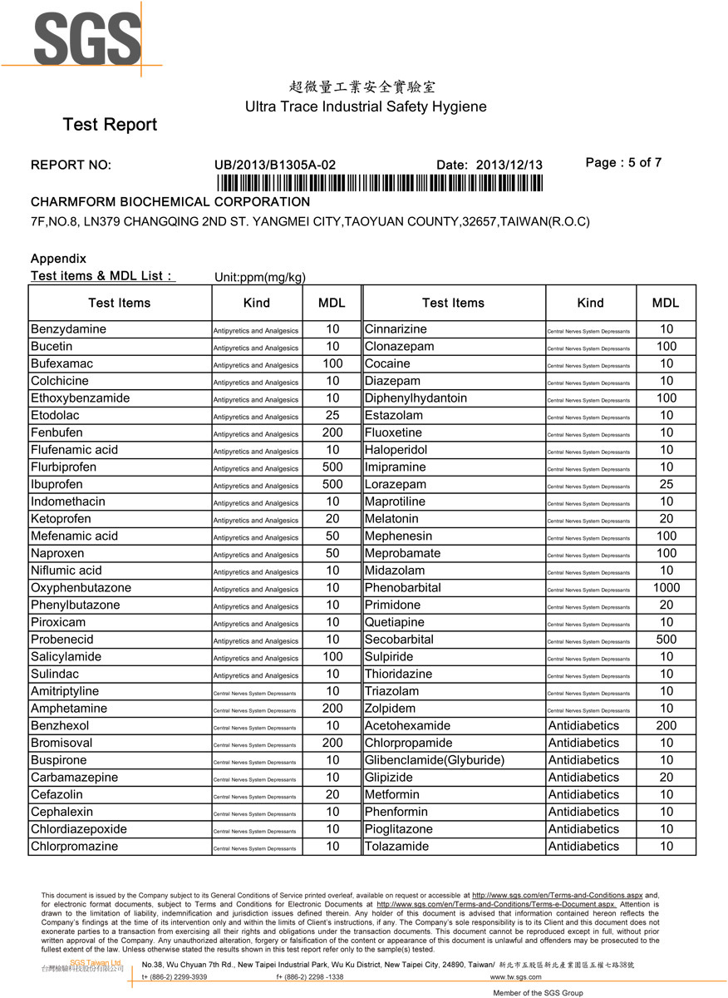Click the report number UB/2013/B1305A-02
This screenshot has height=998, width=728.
click(x=275, y=165)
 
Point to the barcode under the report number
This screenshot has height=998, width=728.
click(x=379, y=184)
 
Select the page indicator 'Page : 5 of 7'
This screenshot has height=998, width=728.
click(x=623, y=163)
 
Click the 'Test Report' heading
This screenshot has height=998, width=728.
click(x=110, y=125)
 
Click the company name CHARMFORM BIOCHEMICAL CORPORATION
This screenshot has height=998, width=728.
click(x=170, y=202)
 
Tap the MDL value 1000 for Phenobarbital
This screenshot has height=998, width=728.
click(x=666, y=588)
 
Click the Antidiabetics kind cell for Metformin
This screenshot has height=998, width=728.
click(x=583, y=794)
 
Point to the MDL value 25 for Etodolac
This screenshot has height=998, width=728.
click(x=332, y=415)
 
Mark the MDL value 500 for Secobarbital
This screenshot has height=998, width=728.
click(x=666, y=640)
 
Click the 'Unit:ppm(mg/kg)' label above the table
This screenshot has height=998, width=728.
click(x=258, y=277)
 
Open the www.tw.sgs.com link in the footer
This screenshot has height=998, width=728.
click(x=515, y=977)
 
